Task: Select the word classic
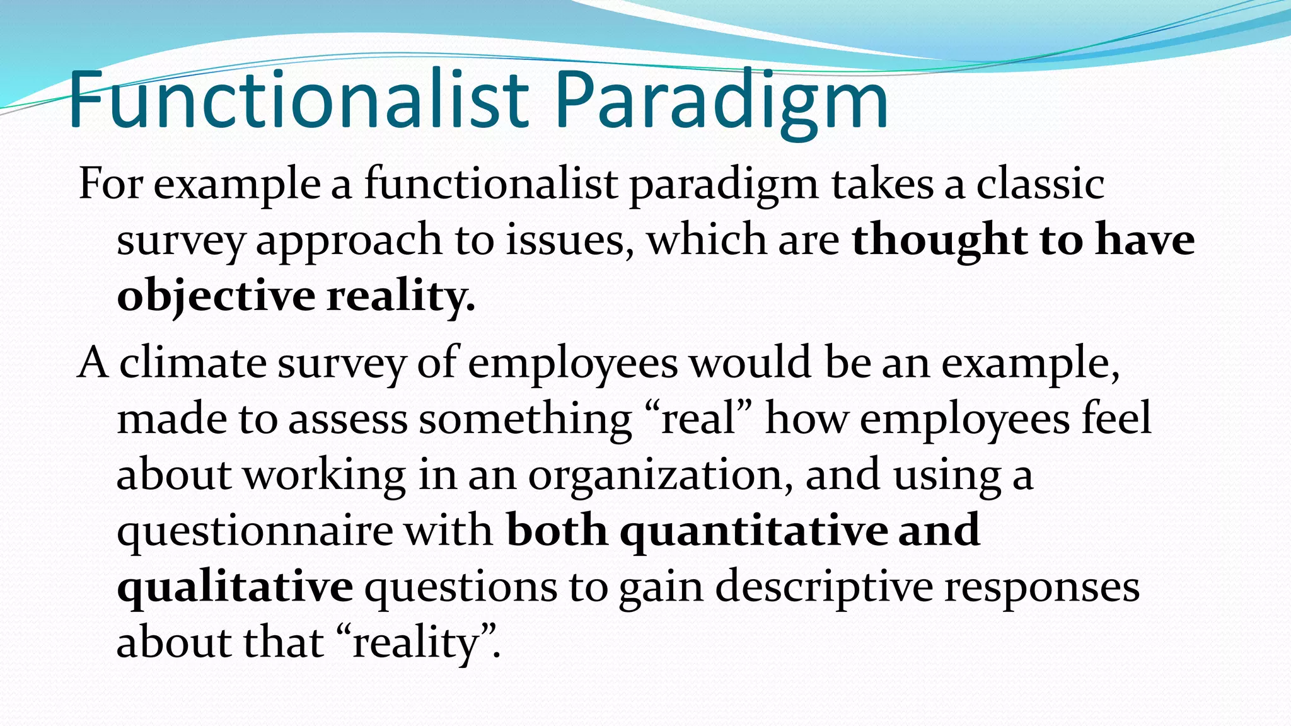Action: (1040, 184)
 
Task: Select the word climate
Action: (193, 363)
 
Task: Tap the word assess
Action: (348, 420)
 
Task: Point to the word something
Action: (525, 420)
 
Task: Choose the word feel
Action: (1116, 418)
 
